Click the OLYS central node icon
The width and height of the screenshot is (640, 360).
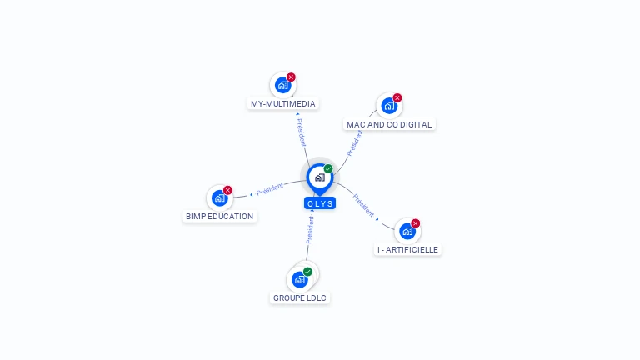tap(319, 177)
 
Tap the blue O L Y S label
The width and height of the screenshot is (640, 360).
tap(320, 203)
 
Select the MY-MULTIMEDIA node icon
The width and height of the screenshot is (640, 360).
tap(283, 85)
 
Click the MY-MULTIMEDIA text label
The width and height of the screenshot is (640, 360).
tap(283, 104)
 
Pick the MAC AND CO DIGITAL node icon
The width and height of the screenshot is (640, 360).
tap(389, 106)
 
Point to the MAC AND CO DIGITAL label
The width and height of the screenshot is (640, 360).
tap(389, 124)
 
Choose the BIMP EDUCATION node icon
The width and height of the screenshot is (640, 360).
tap(220, 197)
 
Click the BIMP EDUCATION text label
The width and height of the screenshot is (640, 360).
tap(219, 216)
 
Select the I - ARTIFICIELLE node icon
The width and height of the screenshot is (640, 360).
tap(407, 231)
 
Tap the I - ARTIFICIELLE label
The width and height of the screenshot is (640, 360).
tap(407, 249)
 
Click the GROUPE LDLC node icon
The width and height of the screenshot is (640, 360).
tap(300, 279)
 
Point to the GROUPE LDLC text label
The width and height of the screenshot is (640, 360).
tap(300, 297)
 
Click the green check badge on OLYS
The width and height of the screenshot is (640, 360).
tap(328, 168)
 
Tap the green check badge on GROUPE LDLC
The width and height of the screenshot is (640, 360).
tap(307, 272)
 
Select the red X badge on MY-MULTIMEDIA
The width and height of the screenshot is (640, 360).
tap(291, 77)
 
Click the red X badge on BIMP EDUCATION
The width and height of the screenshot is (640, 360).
tap(227, 190)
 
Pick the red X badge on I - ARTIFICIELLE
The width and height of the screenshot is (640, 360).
tap(415, 223)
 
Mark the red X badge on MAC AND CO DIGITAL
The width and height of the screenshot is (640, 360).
tap(397, 98)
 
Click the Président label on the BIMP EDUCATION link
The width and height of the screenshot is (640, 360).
tap(270, 188)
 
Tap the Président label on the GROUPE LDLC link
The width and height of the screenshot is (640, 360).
tap(310, 229)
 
